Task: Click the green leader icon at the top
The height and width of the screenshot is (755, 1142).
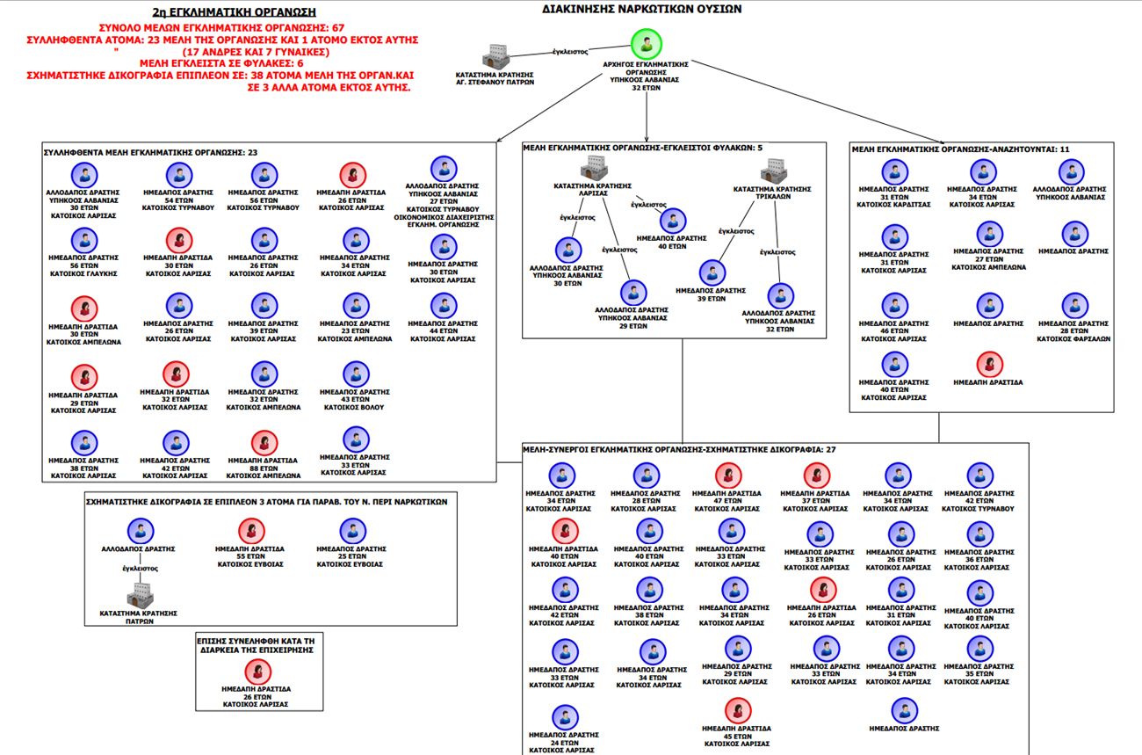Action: (x=647, y=43)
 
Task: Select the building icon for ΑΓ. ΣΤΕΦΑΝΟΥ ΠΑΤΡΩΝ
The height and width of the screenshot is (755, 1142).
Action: (x=496, y=55)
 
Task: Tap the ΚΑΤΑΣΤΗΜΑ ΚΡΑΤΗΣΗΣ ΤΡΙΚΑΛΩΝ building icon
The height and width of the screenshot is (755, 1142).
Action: (x=774, y=169)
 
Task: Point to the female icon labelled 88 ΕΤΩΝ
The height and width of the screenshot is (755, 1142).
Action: (x=264, y=442)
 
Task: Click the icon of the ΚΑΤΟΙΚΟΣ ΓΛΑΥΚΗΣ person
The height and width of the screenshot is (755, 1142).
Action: (x=84, y=239)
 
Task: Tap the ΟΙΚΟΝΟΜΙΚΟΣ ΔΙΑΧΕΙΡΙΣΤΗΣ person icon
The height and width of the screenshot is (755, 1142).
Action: (x=444, y=169)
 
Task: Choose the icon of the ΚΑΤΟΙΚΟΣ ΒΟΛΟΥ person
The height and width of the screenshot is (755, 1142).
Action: (x=356, y=374)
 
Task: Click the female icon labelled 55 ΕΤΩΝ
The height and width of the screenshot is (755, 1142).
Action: (x=251, y=531)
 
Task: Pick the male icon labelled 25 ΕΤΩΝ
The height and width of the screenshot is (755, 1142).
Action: (x=352, y=531)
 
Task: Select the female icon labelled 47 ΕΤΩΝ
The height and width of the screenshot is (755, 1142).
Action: (x=728, y=476)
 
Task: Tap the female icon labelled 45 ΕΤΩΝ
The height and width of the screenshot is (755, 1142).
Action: (x=737, y=711)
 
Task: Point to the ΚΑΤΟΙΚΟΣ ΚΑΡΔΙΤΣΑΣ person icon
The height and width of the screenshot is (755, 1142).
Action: (x=894, y=172)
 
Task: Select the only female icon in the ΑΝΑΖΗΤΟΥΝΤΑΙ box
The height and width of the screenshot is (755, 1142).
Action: (x=989, y=364)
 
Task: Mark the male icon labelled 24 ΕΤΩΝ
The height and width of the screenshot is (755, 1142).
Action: (x=565, y=718)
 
